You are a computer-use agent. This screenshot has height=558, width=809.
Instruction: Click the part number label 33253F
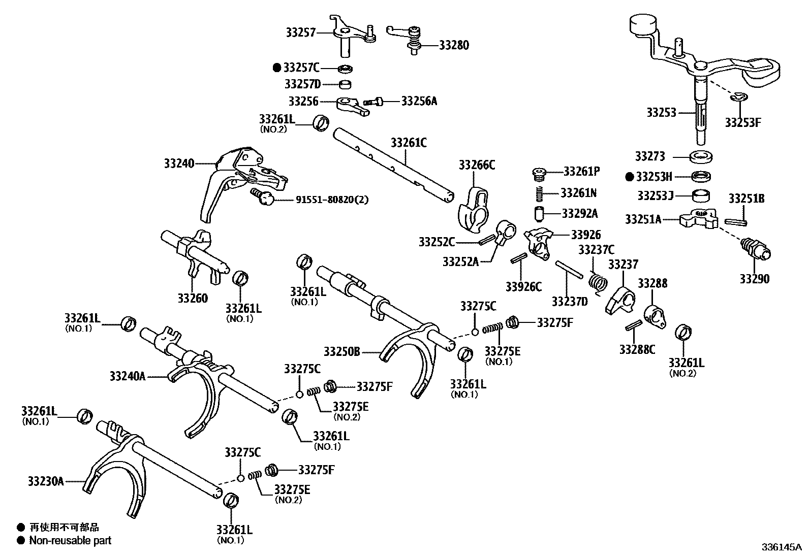[x=742, y=122]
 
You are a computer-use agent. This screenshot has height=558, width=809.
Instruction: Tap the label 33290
[x=754, y=279]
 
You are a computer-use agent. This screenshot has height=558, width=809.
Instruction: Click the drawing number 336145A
[x=781, y=547]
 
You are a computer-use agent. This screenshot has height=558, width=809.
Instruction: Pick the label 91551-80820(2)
[x=332, y=200]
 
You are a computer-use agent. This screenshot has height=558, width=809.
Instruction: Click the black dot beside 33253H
[x=630, y=177]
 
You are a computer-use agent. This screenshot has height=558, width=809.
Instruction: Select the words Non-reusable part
[x=70, y=541]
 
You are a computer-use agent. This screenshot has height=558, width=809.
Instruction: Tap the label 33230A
[x=46, y=481]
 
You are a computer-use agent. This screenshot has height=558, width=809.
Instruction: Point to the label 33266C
[x=477, y=165]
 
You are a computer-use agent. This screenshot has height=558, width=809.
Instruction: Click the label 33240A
[x=128, y=376]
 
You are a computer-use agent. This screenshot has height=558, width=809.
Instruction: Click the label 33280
[x=454, y=45]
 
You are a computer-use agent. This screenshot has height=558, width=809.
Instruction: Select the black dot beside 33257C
[x=277, y=68]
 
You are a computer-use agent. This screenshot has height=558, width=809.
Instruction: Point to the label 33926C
[x=523, y=287]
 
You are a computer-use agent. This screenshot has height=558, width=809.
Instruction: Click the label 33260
[x=193, y=298]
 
